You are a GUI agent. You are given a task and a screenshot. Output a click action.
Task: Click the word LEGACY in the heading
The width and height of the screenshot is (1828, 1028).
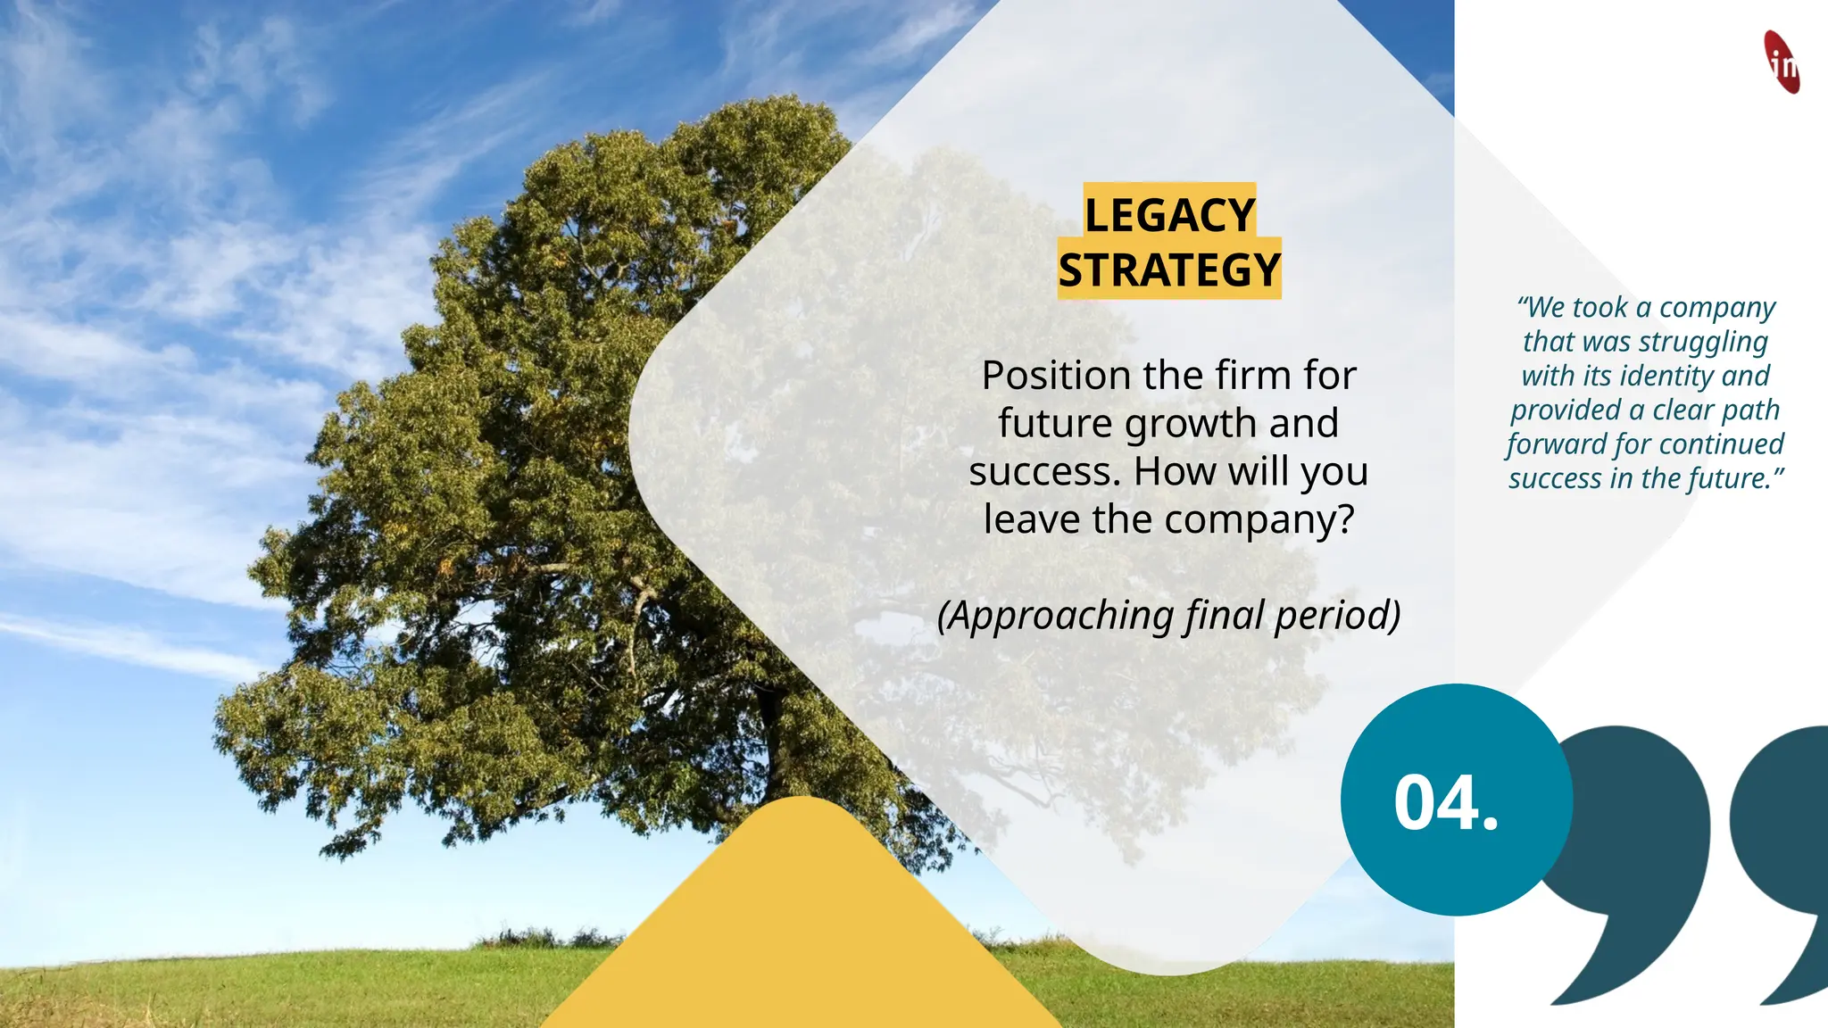[x=1169, y=214]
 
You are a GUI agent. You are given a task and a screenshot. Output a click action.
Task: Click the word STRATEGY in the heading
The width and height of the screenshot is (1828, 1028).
[x=1169, y=269]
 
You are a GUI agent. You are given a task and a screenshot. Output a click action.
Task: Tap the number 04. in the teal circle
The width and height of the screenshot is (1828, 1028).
[x=1446, y=802]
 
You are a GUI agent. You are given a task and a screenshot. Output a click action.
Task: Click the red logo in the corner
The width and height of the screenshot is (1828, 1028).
[x=1782, y=62]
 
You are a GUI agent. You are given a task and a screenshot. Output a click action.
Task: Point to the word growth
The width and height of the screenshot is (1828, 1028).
[x=1191, y=424]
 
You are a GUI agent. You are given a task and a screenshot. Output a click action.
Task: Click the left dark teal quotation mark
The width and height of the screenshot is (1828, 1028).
[x=1633, y=857]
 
